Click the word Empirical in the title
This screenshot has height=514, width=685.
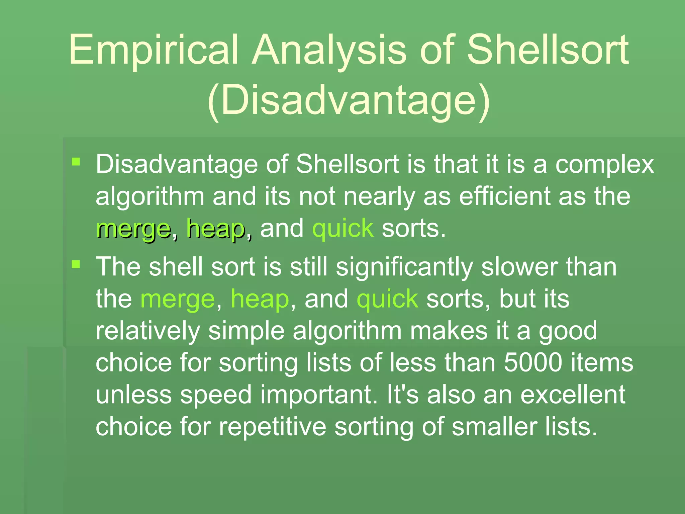[x=154, y=50]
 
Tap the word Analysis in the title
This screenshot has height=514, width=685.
[x=329, y=50]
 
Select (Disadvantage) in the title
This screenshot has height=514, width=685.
[x=349, y=100]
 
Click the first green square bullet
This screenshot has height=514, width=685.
[x=76, y=162]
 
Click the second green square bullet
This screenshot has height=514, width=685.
[x=76, y=265]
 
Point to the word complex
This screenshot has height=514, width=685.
[x=605, y=165]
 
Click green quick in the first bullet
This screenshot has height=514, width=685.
[x=343, y=229]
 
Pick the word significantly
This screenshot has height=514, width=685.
[x=404, y=268]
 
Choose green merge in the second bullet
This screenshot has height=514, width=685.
[x=177, y=299]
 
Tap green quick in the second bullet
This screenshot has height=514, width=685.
[x=387, y=299]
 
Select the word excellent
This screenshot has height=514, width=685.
[x=573, y=395]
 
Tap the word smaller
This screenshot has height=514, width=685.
[x=494, y=427]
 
